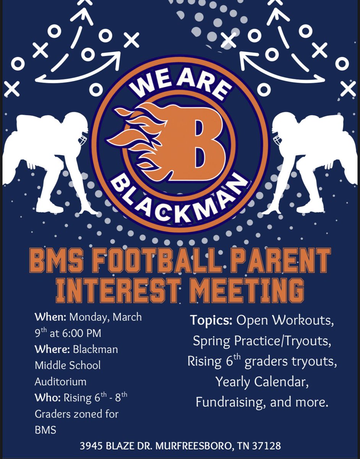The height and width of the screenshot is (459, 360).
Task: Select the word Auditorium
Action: click(x=61, y=381)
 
